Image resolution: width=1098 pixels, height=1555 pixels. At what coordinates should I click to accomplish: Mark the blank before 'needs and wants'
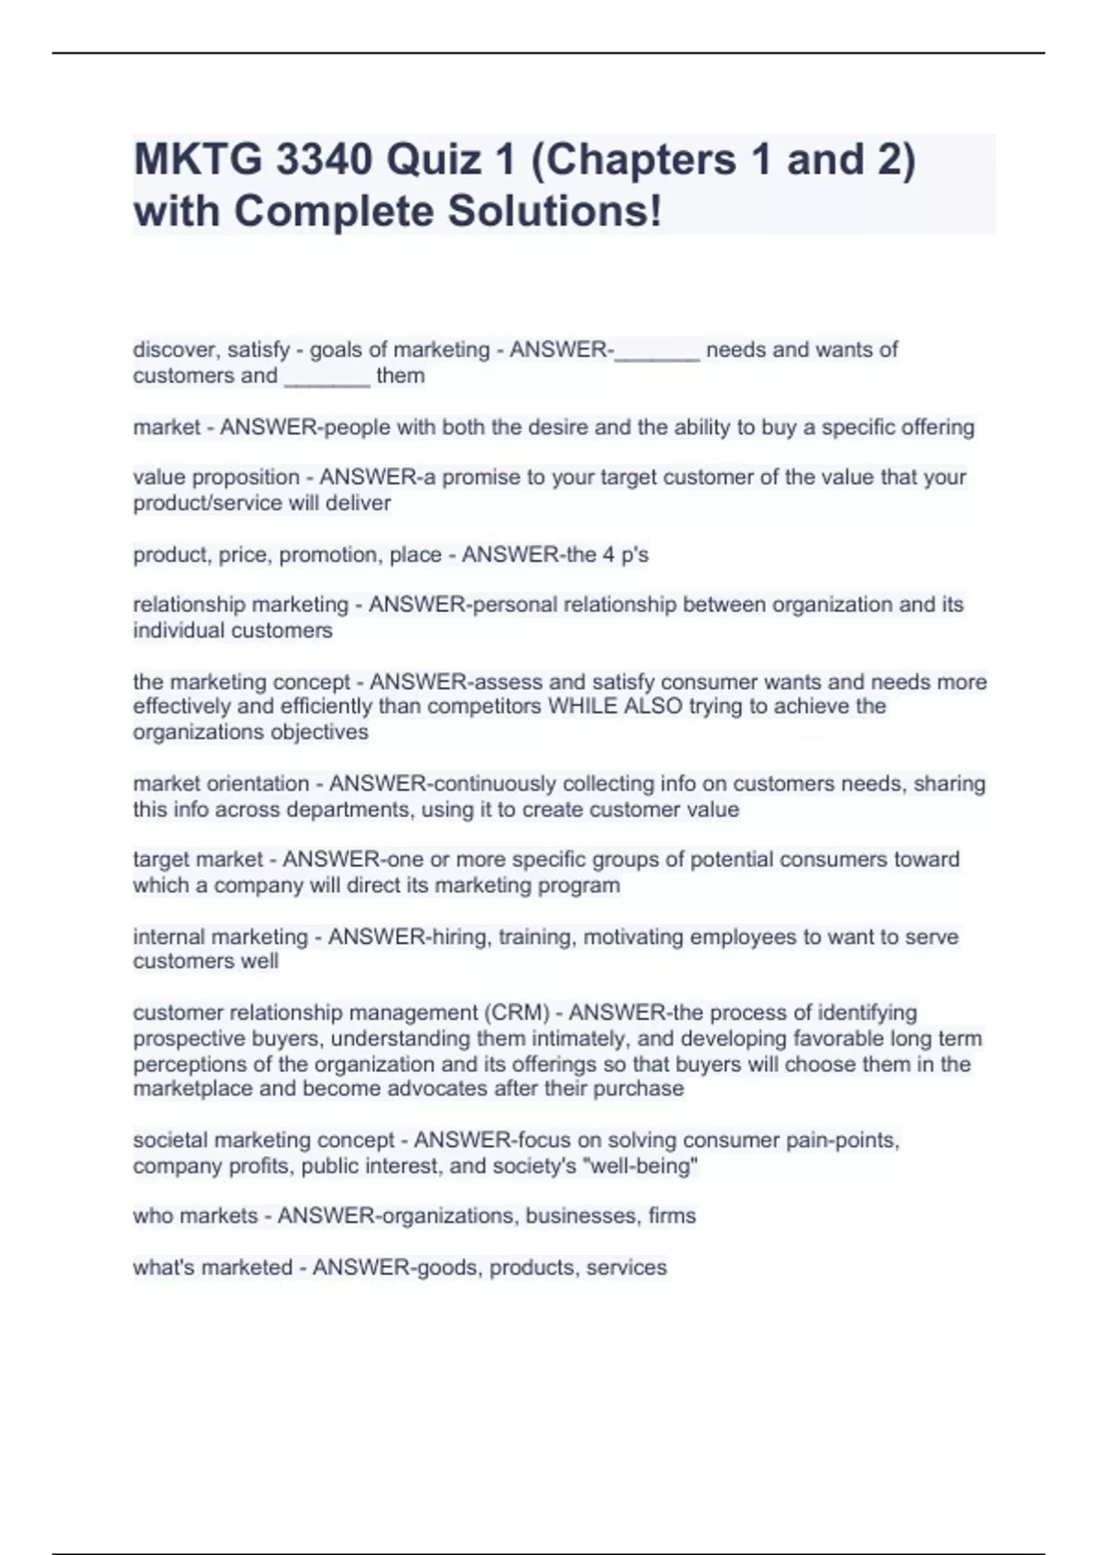click(x=657, y=351)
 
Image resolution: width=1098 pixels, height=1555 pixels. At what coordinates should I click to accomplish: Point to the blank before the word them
click(x=327, y=377)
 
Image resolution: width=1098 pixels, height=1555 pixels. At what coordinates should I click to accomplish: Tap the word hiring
click(x=460, y=937)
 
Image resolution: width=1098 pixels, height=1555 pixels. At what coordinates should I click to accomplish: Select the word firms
click(x=673, y=1216)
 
